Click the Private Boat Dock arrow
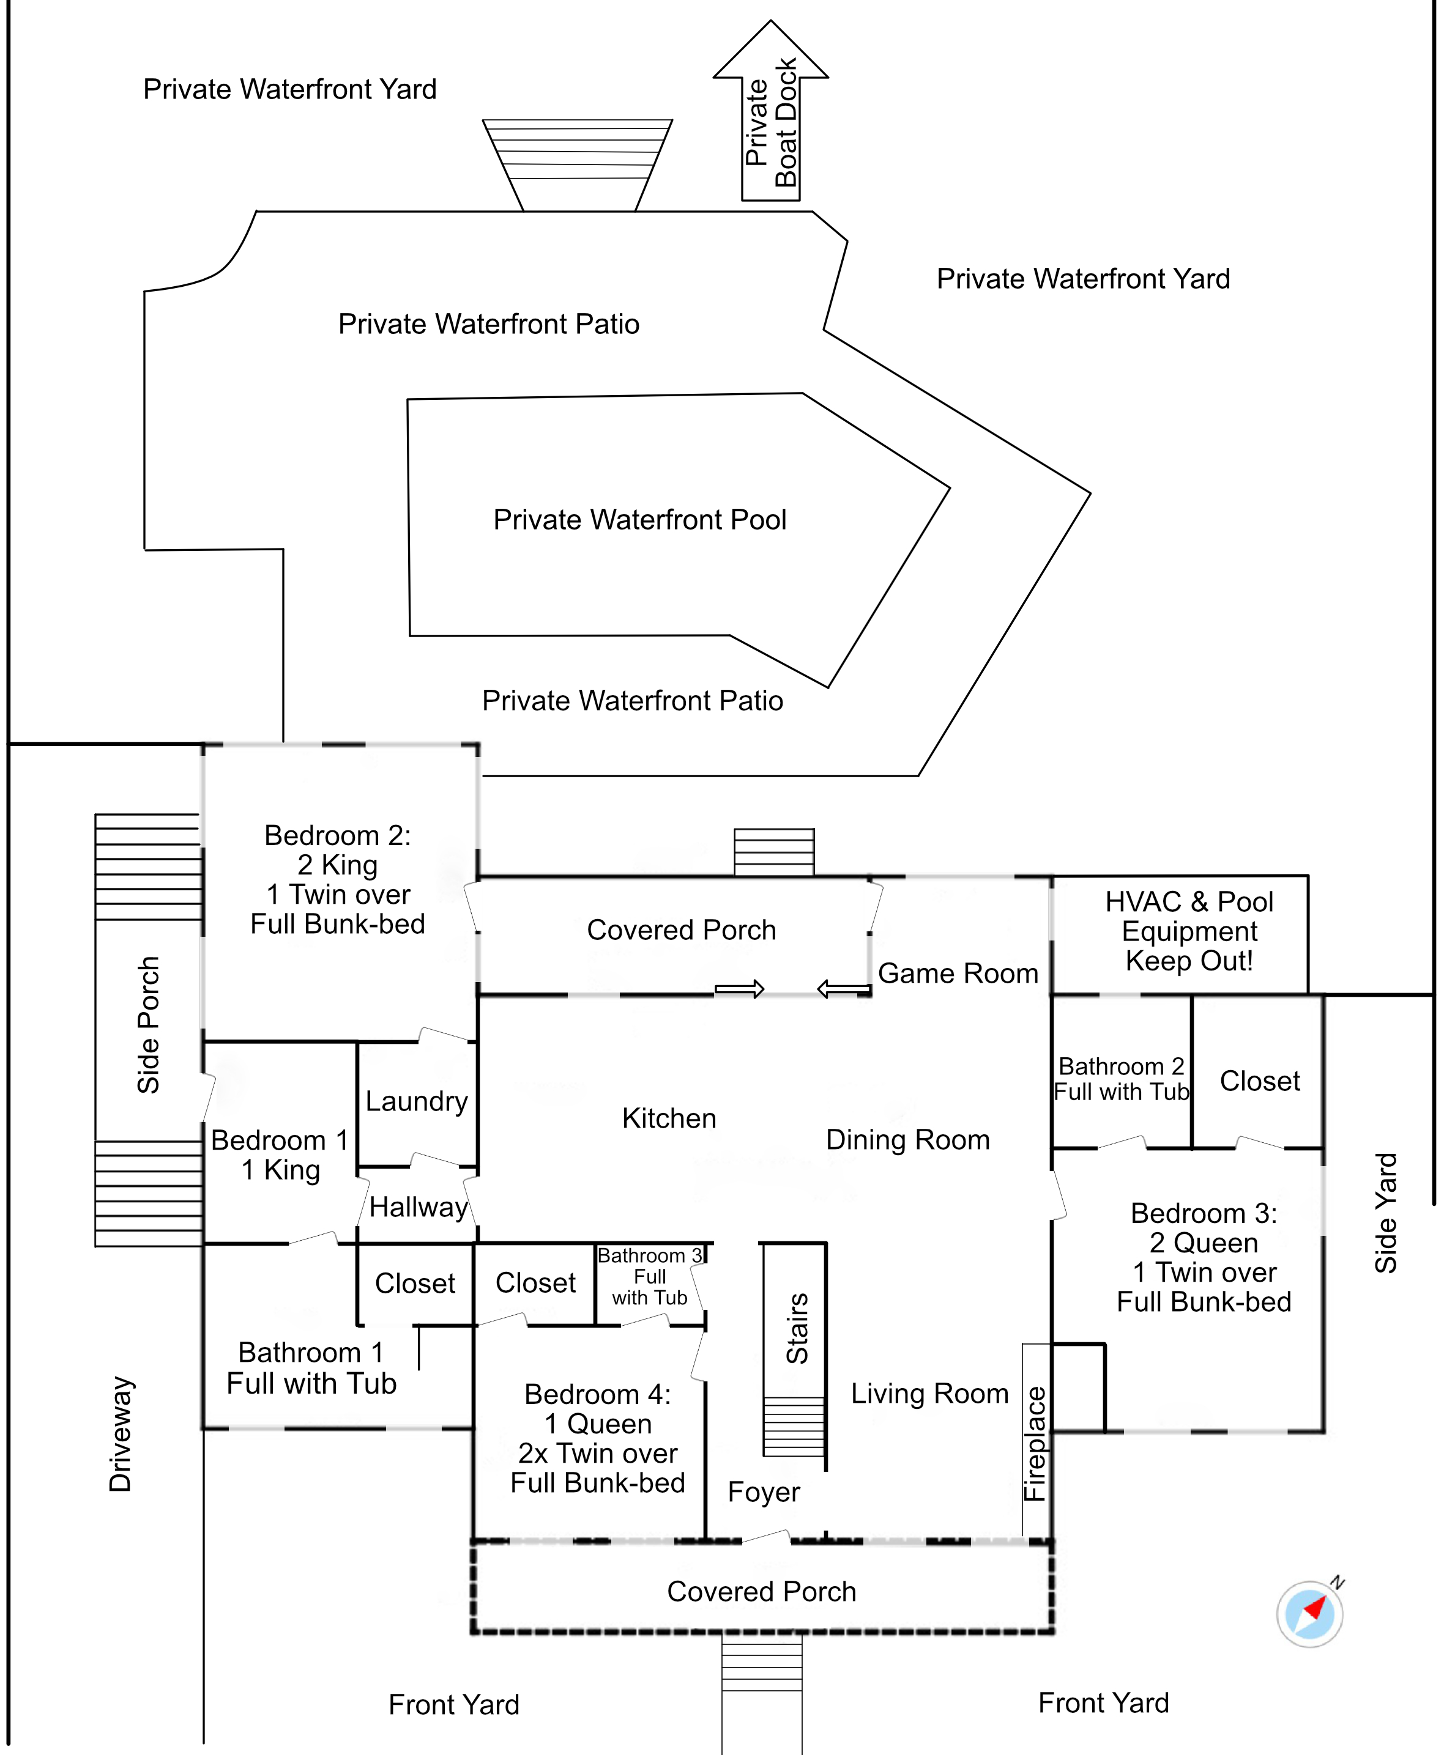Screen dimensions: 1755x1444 point(770,116)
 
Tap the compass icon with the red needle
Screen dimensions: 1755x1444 point(1310,1614)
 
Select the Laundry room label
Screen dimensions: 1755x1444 point(416,1101)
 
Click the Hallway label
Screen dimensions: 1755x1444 point(419,1206)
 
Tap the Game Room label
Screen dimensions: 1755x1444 point(958,973)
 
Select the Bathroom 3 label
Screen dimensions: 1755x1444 point(650,1255)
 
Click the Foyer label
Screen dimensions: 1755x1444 point(764,1491)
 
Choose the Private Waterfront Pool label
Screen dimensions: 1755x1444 point(639,520)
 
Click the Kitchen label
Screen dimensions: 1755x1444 point(669,1118)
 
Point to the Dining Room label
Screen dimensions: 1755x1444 point(907,1139)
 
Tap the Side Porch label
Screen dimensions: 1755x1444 point(148,1024)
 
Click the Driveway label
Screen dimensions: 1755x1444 point(121,1433)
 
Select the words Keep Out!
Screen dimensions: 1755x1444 point(1189,961)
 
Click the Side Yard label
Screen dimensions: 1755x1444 point(1385,1213)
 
